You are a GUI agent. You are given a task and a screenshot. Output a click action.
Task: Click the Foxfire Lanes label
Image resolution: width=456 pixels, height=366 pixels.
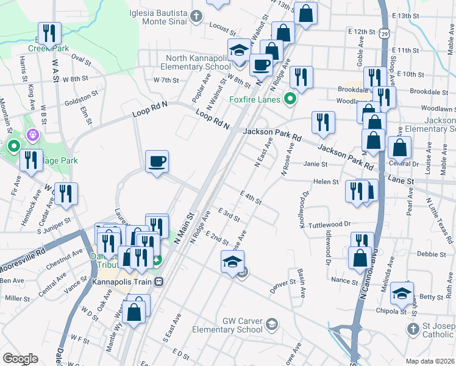254,99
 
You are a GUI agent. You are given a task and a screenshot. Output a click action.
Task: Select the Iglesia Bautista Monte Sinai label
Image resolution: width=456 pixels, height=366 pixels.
159,16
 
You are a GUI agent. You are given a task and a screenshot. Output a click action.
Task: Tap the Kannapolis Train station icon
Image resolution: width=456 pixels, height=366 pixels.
159,282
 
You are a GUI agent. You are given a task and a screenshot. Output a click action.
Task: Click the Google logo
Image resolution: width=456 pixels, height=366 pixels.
20,358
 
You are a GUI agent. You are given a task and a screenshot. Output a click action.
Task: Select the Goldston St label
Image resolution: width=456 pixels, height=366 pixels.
82,96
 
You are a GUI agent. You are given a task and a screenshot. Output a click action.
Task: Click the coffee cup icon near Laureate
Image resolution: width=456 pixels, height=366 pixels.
157,162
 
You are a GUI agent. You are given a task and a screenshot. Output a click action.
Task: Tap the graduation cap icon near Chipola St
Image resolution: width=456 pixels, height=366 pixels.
402,293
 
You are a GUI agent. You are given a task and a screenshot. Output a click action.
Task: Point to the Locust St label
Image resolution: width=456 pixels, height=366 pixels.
221,28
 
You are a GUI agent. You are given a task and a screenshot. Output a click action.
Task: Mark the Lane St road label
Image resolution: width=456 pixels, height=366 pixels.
401,181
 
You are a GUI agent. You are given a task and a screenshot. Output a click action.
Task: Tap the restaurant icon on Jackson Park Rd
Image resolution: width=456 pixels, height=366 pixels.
323,123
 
